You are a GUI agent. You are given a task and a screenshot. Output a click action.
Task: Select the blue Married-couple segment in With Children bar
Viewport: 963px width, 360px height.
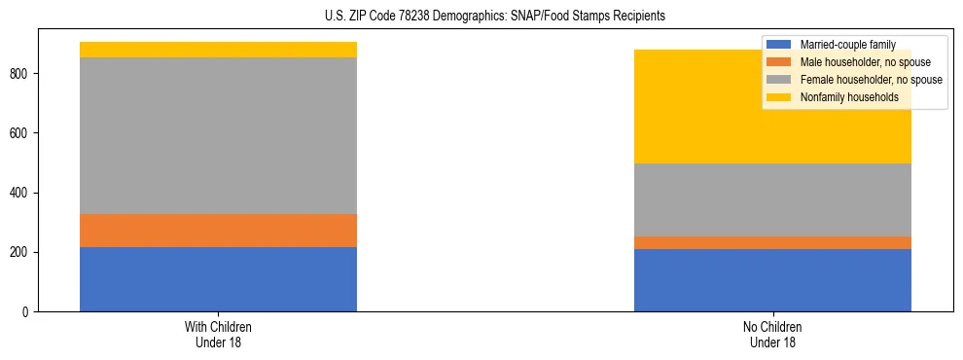click(218, 279)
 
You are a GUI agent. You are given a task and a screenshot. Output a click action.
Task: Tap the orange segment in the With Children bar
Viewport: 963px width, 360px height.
click(218, 231)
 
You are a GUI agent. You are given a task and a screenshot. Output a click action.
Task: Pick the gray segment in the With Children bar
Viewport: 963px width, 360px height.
click(218, 135)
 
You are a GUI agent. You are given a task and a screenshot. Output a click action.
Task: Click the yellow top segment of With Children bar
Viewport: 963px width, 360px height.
click(218, 50)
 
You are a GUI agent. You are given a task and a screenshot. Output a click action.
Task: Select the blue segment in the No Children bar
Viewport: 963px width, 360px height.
click(772, 280)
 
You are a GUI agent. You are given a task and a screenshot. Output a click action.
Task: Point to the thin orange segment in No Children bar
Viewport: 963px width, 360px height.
click(772, 242)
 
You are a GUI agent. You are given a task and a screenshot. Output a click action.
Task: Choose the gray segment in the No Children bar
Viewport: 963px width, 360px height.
click(772, 199)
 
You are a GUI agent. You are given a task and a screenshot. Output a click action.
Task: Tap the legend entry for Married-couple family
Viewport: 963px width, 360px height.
click(847, 45)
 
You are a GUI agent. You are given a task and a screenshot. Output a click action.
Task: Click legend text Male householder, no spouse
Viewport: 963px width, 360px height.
click(865, 62)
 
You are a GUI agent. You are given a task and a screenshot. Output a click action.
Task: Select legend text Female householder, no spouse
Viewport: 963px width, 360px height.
click(871, 80)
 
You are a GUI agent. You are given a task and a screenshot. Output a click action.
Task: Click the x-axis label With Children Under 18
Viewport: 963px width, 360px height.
click(218, 335)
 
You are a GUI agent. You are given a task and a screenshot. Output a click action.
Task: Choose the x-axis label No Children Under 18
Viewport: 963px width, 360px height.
click(772, 335)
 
